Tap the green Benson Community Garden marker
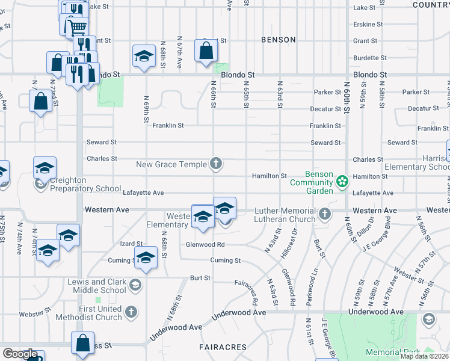[342, 181]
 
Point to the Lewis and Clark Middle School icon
[135, 286]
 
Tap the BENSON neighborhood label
[278, 40]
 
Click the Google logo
[20, 354]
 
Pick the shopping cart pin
[76, 26]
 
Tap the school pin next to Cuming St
[145, 258]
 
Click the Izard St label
[131, 243]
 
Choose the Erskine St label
[368, 25]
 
